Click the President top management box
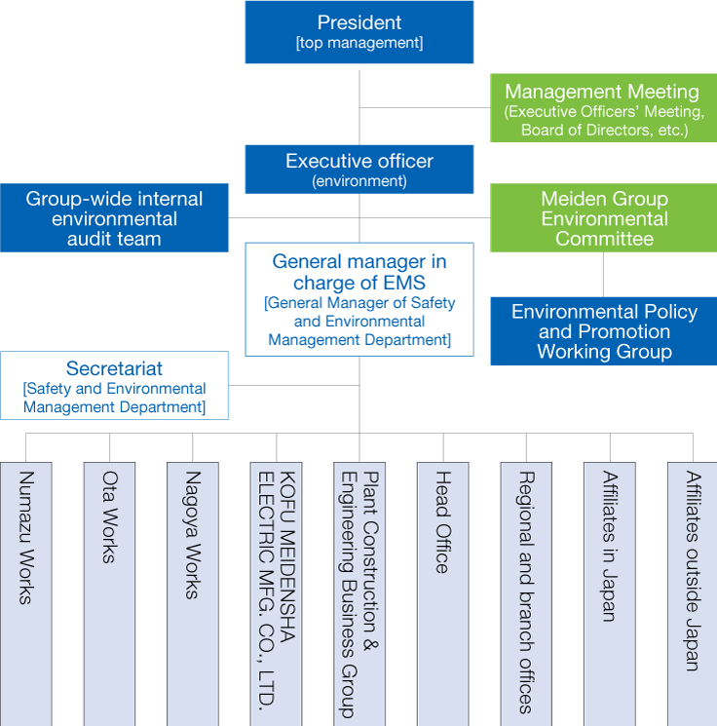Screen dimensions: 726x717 [358, 32]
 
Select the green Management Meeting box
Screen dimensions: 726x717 [602, 109]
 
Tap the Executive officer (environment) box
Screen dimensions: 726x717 [358, 169]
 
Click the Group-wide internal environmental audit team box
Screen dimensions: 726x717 [114, 218]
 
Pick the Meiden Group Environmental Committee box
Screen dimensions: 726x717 [604, 218]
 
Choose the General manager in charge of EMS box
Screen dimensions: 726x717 [358, 299]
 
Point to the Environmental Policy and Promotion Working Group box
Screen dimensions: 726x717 [604, 331]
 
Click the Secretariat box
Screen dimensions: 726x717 [114, 385]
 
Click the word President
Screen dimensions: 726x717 [358, 22]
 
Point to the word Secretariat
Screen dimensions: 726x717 [114, 369]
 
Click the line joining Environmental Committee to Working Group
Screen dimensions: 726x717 [604, 275]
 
